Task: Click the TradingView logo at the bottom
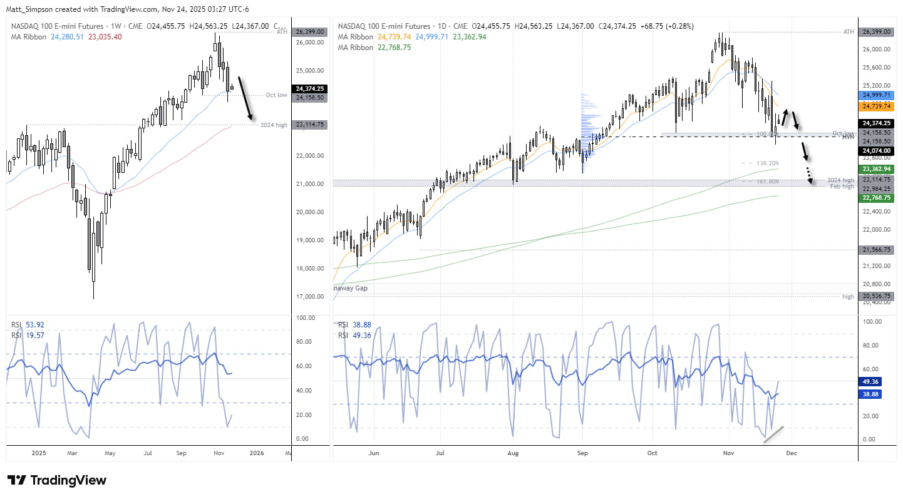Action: (57, 480)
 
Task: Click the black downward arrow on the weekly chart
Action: (245, 98)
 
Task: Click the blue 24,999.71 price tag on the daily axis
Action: (876, 94)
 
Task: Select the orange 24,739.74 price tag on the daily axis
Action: (876, 106)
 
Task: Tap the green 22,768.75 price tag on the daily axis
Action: (876, 197)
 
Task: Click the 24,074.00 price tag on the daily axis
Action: (876, 150)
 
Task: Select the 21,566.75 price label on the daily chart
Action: (876, 250)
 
